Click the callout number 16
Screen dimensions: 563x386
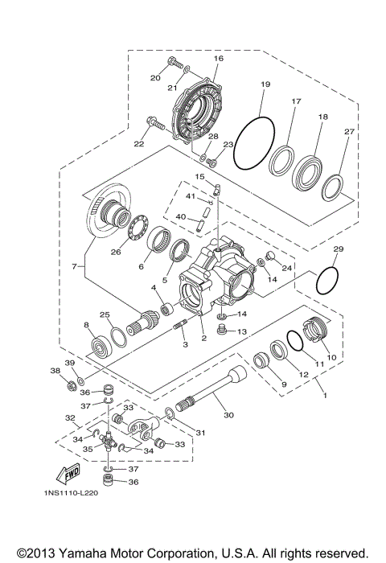pyautogui.click(x=218, y=59)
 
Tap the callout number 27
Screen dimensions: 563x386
pyautogui.click(x=348, y=132)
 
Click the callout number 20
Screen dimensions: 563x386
pyautogui.click(x=155, y=78)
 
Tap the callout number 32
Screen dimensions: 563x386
pyautogui.click(x=70, y=418)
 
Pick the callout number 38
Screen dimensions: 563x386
pyautogui.click(x=55, y=371)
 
